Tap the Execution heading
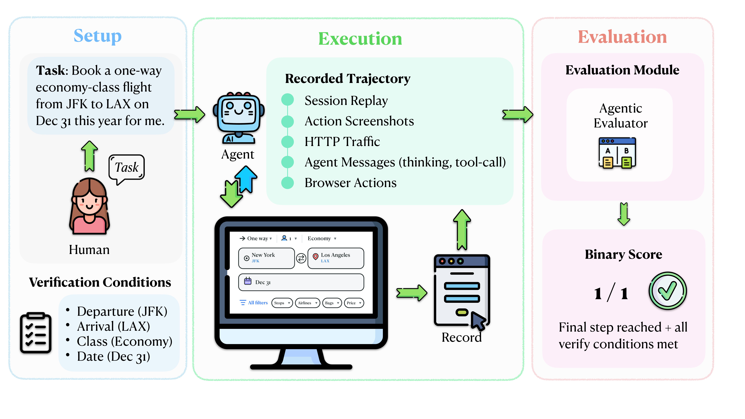[360, 39]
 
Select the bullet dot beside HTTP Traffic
[287, 142]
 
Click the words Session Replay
[346, 101]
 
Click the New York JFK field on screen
[266, 258]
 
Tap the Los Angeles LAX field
[336, 258]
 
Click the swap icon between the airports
[301, 258]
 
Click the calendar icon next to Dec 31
[248, 281]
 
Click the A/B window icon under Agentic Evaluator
[617, 153]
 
